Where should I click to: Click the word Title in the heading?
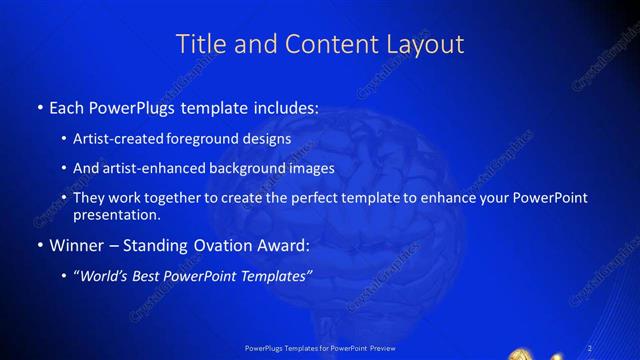(199, 44)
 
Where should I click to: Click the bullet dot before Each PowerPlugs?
(38, 106)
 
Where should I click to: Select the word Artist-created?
(117, 139)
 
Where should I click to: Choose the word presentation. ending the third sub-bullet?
(116, 214)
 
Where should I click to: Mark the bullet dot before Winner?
(38, 245)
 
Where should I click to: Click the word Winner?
(76, 245)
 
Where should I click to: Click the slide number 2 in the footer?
(591, 347)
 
